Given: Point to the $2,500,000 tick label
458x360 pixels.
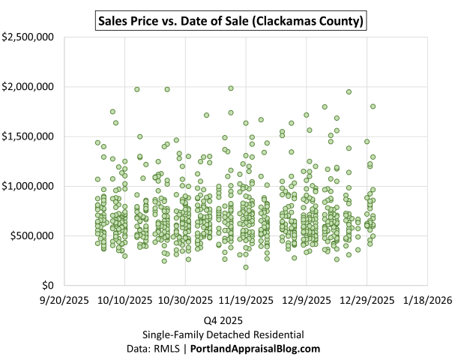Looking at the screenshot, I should click(x=28, y=37).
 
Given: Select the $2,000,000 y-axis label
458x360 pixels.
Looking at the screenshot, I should click(x=28, y=86).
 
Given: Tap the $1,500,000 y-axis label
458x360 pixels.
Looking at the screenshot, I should click(x=28, y=136).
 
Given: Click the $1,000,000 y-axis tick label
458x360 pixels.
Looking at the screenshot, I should click(x=28, y=186).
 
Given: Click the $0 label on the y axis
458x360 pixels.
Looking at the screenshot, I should click(x=48, y=285).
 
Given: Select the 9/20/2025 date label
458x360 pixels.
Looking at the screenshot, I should click(x=64, y=300).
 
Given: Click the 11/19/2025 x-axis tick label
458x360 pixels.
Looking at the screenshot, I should click(x=246, y=300).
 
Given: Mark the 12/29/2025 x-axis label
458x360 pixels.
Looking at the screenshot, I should click(x=367, y=300).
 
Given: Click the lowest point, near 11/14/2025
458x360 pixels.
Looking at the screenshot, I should click(x=245, y=267).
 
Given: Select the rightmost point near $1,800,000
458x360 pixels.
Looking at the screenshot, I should click(x=373, y=106).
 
